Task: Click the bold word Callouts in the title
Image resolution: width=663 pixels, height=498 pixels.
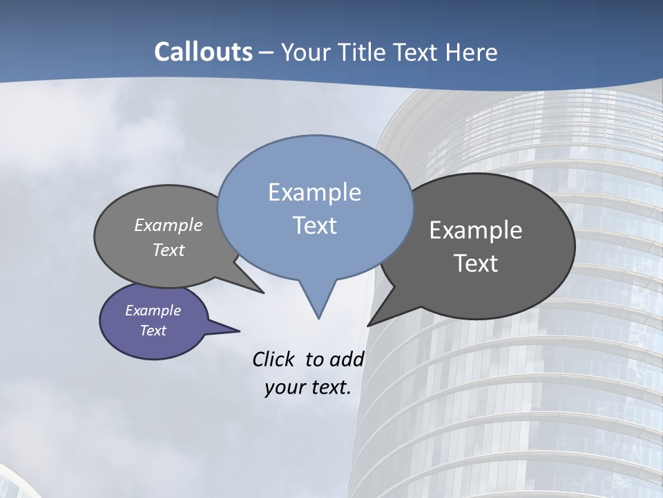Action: [x=204, y=52]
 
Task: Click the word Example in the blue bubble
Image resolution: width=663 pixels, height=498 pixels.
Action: [x=314, y=192]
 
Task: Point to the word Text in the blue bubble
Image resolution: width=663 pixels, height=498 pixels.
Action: [x=314, y=225]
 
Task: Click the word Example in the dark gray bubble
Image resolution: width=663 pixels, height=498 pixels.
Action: [x=476, y=230]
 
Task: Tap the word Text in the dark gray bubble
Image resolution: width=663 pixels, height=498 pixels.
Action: [x=476, y=264]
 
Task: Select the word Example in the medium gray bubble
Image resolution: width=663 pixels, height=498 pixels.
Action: [x=169, y=225]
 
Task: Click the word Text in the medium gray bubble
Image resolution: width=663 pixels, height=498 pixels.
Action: [x=169, y=250]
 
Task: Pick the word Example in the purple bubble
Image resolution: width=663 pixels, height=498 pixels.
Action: [x=153, y=311]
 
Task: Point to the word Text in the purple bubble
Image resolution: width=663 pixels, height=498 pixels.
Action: [x=153, y=331]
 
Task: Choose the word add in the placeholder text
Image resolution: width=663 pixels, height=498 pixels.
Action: [x=347, y=359]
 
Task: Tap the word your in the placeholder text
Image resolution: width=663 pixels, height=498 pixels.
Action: [x=281, y=387]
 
